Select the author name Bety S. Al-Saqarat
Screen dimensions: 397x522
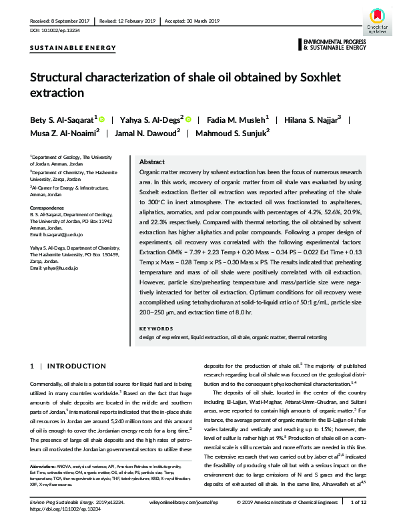pos(63,119)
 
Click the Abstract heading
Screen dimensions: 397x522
pos(151,162)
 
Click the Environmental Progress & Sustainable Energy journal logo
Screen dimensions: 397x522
pos(334,45)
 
